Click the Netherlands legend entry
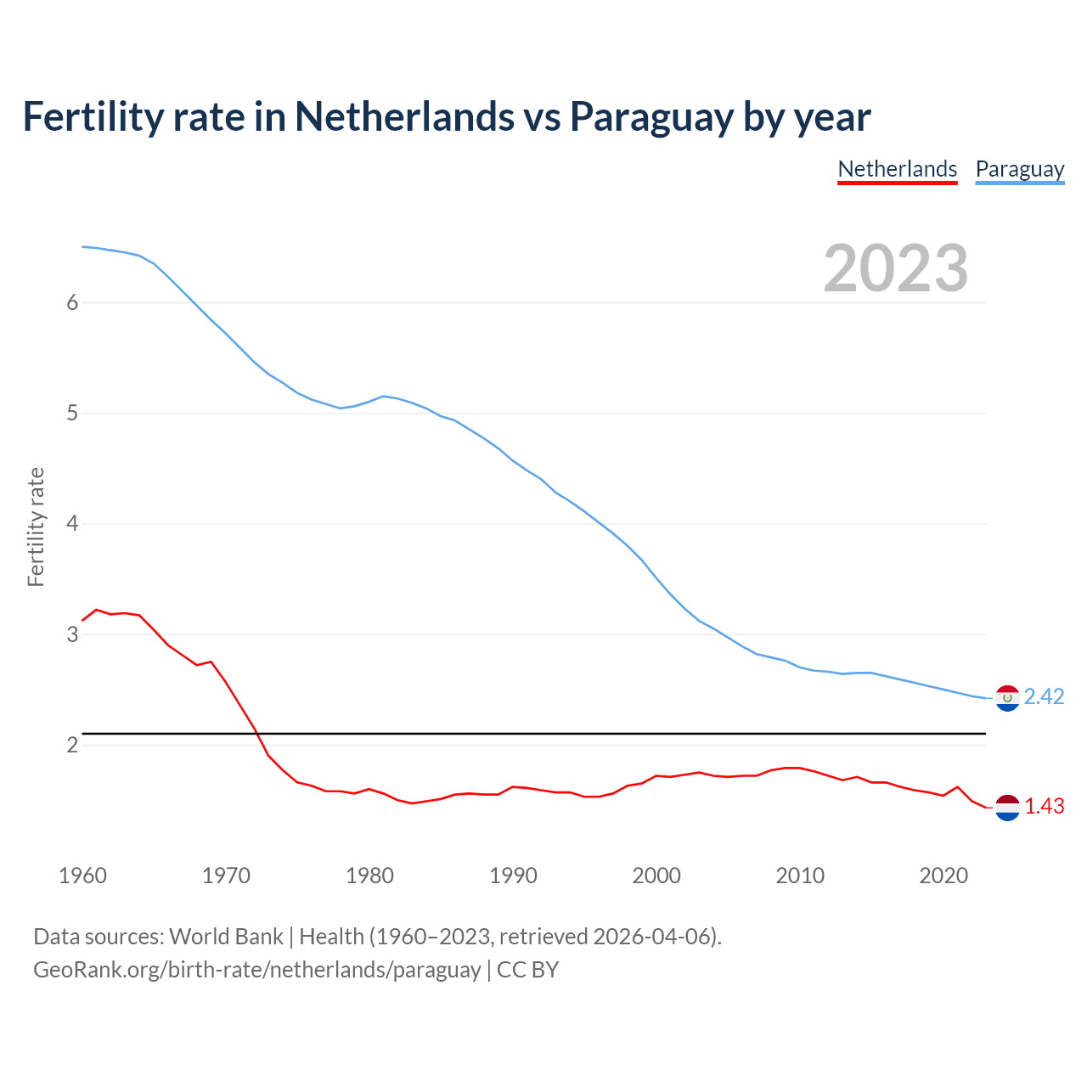pos(897,169)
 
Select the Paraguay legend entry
pos(1019,169)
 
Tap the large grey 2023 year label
pos(895,268)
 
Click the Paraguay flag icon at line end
pos(1006,698)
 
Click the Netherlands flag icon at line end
pos(1006,807)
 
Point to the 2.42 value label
pos(1044,696)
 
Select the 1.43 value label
pos(1044,806)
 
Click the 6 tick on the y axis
pos(72,302)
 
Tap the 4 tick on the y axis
pos(72,524)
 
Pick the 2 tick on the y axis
pos(72,745)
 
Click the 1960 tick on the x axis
pos(82,876)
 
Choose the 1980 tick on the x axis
pos(369,876)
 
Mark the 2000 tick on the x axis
pos(656,876)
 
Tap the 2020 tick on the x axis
pos(943,876)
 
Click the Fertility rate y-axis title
pos(36,527)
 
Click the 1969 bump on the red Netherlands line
pos(211,662)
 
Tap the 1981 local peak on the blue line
pos(384,396)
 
